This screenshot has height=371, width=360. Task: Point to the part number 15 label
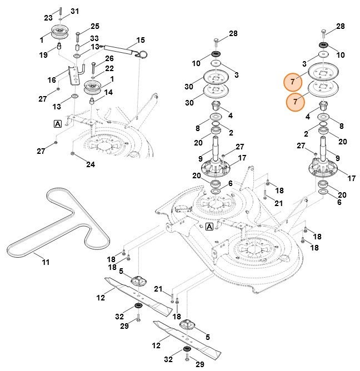(x=141, y=40)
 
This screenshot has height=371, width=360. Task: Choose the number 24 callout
(x=90, y=164)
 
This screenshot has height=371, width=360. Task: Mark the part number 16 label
(x=51, y=80)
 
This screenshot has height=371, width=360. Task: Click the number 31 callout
(x=75, y=11)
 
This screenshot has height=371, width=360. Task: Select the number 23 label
(x=48, y=18)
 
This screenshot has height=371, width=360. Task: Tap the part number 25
(x=95, y=26)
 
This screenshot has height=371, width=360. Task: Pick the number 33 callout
(x=94, y=38)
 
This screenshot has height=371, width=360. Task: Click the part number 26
(x=109, y=58)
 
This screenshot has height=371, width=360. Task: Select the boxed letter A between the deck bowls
(x=209, y=227)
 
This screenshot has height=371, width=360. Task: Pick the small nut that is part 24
(x=73, y=153)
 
